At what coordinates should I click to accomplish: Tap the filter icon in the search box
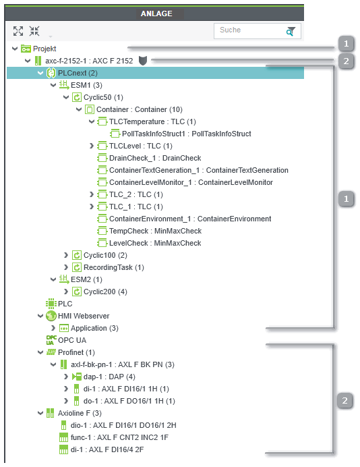(x=291, y=31)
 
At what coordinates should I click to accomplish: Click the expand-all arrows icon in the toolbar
(x=18, y=31)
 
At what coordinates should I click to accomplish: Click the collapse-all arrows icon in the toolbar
(x=34, y=31)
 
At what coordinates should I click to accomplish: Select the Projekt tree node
(x=44, y=49)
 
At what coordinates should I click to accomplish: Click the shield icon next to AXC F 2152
(x=143, y=61)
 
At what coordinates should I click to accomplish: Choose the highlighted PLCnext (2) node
(x=78, y=73)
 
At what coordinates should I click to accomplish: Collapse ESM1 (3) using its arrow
(x=53, y=85)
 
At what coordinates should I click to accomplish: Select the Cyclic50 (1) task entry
(x=103, y=97)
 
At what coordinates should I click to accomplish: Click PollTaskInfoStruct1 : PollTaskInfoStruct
(x=187, y=134)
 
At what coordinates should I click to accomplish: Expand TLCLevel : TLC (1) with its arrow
(x=92, y=146)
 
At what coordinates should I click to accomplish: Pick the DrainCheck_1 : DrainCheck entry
(x=155, y=158)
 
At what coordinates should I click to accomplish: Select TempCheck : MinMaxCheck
(x=155, y=231)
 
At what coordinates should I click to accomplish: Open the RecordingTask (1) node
(x=114, y=267)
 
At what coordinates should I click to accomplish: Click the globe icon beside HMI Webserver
(x=51, y=316)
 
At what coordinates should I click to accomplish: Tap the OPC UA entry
(x=72, y=340)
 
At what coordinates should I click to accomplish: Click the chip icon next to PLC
(x=51, y=304)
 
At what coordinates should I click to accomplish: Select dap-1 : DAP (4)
(x=109, y=377)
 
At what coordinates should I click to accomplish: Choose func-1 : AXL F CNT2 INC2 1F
(x=119, y=437)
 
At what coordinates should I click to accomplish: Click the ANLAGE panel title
(x=156, y=13)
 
